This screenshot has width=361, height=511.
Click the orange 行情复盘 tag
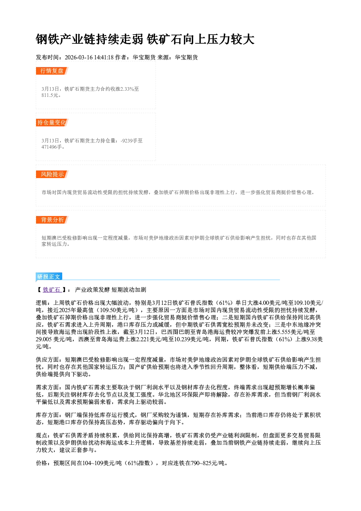[x=52, y=71]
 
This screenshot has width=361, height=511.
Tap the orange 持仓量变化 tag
[x=52, y=122]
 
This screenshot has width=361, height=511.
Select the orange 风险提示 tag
[x=52, y=174]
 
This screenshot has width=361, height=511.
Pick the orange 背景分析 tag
[x=52, y=220]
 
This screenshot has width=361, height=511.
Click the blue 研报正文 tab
[x=49, y=276]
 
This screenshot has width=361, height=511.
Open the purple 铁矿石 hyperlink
[x=52, y=290]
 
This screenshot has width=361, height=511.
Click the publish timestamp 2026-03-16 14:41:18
[x=89, y=57]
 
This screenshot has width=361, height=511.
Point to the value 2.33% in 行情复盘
[x=127, y=89]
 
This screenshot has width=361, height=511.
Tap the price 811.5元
[x=50, y=95]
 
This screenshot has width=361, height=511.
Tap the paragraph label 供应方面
[x=47, y=360]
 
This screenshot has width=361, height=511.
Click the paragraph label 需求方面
[x=47, y=387]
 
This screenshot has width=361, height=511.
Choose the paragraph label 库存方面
[x=47, y=415]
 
